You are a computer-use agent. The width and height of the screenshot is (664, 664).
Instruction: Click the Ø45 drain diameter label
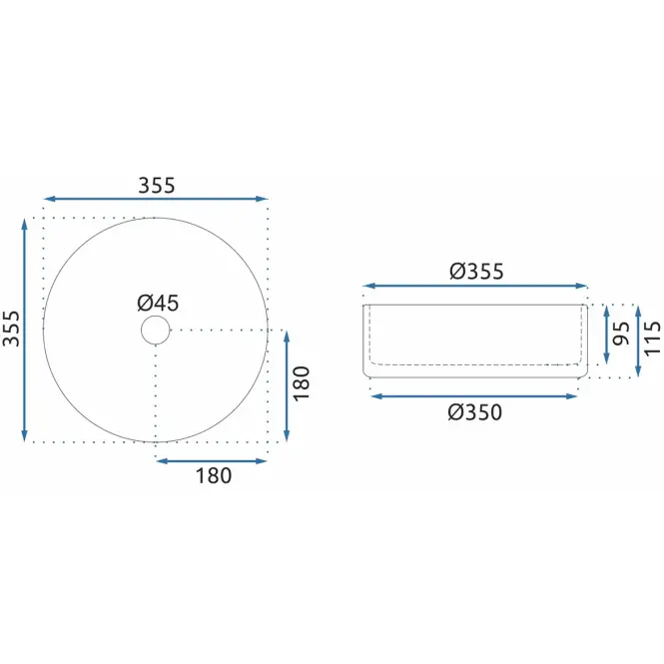point(158,303)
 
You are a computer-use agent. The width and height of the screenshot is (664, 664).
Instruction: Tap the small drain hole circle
point(156,330)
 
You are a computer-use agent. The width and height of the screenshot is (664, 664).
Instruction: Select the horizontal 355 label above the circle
point(156,185)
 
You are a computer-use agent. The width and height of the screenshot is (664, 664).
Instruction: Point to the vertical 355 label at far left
point(11,329)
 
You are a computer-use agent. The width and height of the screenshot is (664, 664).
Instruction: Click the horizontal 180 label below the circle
point(214,475)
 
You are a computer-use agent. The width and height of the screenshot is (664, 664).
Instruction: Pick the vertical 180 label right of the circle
point(302,383)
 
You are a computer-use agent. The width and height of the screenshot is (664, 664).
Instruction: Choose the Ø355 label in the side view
point(476,271)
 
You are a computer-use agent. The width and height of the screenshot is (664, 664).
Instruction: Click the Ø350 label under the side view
point(475,412)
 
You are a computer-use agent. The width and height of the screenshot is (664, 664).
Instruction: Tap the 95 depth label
point(621,333)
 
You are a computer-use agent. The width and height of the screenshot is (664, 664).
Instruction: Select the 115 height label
point(653,338)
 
